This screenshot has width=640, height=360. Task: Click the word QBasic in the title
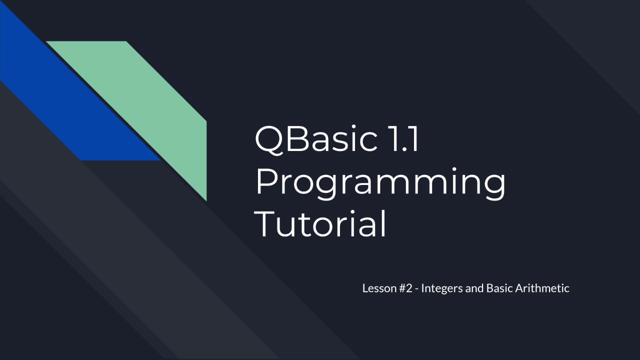coord(316,139)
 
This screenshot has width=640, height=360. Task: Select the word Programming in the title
coord(380,182)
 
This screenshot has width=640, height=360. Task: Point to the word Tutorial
coord(320,224)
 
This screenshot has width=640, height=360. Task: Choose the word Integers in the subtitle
coord(442,289)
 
